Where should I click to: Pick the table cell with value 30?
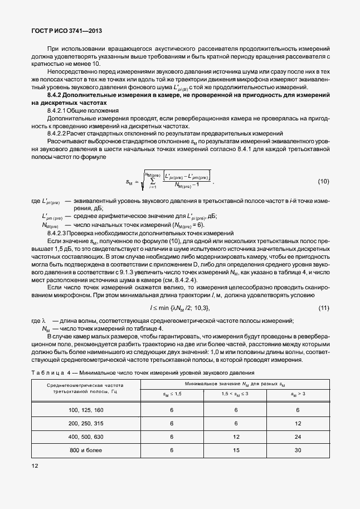click(298, 451)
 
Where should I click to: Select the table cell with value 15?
click(236, 451)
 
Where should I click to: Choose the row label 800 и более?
click(85, 451)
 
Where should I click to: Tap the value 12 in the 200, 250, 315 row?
click(298, 423)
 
